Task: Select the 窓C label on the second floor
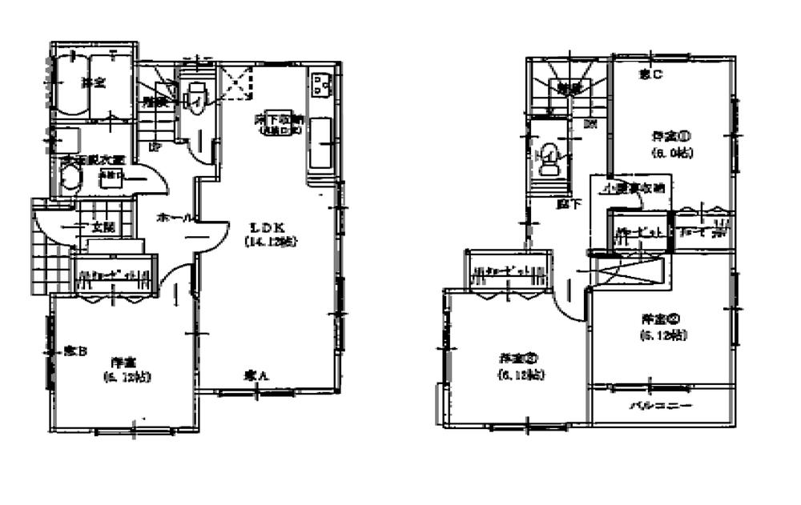[x=650, y=74]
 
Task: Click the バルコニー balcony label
[x=659, y=406]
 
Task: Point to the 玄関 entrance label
[x=101, y=227]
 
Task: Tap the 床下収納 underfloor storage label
[x=277, y=119]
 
